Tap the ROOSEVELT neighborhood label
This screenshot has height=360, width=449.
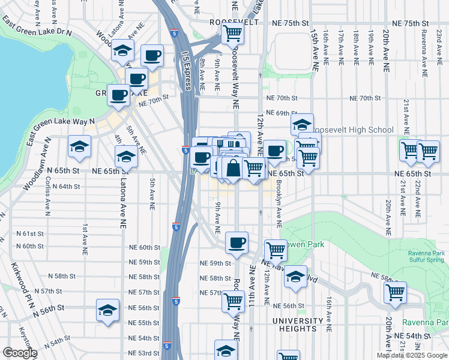234,22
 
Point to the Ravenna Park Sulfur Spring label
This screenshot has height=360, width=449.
423,256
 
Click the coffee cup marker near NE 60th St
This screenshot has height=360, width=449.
237,244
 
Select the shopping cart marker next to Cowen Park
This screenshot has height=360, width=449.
276,250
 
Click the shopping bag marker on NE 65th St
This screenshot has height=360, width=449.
233,169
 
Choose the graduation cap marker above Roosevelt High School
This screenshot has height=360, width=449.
303,125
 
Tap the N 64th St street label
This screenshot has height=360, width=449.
66,187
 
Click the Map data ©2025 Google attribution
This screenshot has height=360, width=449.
411,355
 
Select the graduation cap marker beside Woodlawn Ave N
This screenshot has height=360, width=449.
79,148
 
